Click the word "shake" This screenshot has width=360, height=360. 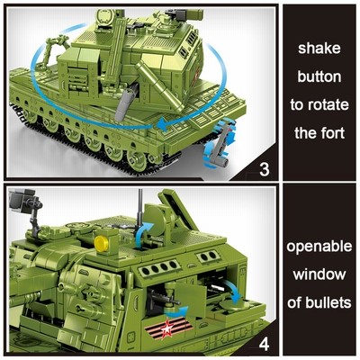[319, 49]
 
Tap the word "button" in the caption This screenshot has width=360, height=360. [319, 76]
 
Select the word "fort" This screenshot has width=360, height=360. [333, 133]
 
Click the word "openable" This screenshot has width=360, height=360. [319, 247]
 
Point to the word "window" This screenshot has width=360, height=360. [319, 274]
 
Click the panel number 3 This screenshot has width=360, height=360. [264, 170]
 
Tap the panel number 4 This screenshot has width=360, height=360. [264, 345]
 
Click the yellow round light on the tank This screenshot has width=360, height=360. [101, 242]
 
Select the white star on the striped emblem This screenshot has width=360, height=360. [166, 328]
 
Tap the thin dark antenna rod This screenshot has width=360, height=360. [139, 206]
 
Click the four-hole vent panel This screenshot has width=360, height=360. [159, 266]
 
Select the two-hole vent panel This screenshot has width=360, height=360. [208, 256]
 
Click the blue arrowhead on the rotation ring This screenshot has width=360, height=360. [163, 123]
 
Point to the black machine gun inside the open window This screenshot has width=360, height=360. [162, 298]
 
